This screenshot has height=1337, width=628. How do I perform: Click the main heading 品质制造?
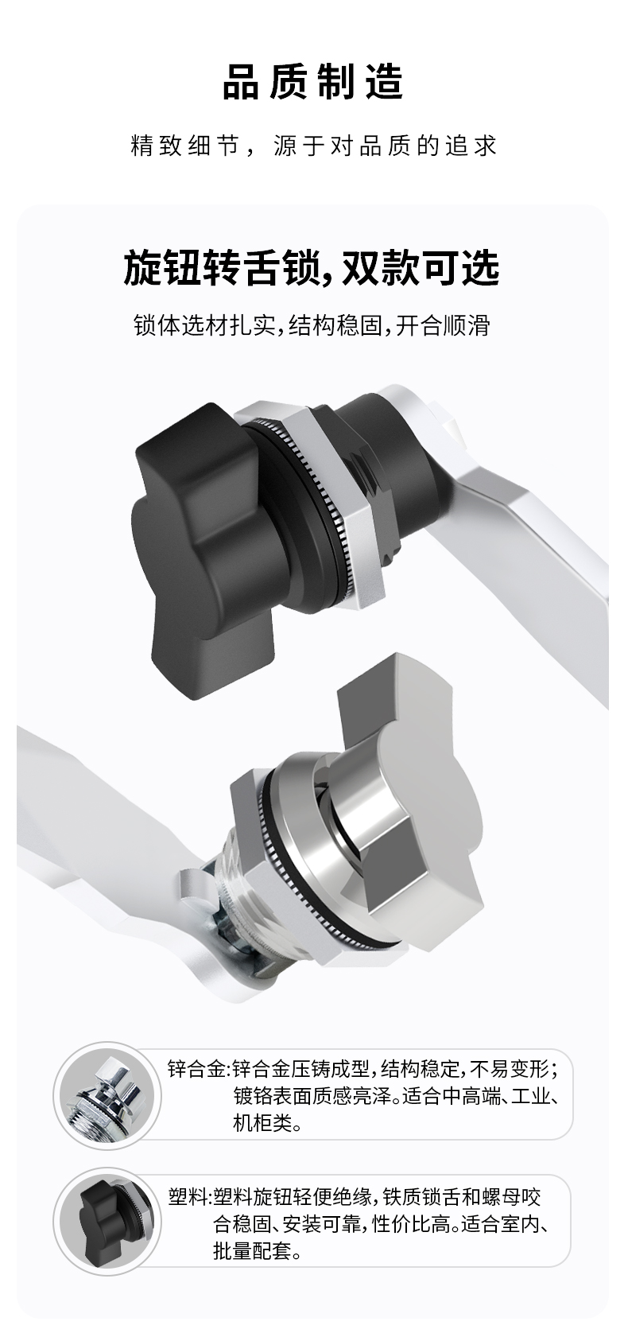point(313,83)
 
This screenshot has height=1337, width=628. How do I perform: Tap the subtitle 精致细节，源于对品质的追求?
point(314,146)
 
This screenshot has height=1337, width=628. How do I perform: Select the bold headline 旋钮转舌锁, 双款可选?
point(312,268)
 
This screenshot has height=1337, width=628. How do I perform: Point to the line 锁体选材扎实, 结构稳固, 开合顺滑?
point(312,326)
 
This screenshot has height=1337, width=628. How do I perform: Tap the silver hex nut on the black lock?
point(340,507)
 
